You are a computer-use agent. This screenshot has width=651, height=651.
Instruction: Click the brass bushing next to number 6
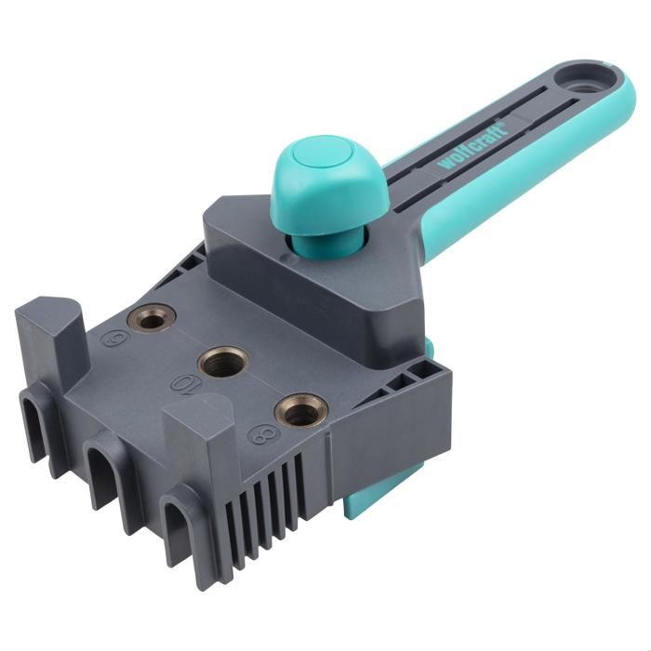tap(153, 320)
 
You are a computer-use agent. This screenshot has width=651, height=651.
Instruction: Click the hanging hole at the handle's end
tap(584, 86)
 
